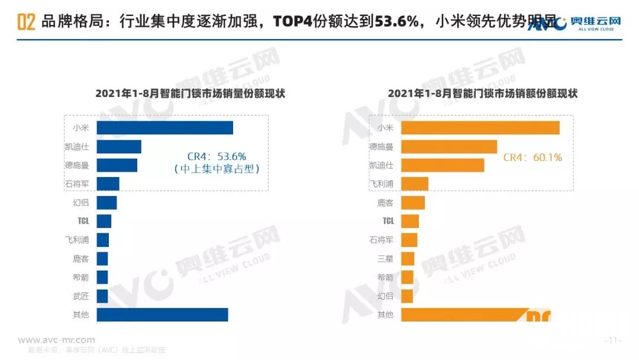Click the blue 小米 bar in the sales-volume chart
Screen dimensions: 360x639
coord(164,128)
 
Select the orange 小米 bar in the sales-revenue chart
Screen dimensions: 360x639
coord(480,128)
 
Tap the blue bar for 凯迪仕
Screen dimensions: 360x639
coord(118,147)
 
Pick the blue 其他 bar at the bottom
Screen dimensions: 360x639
coord(162,314)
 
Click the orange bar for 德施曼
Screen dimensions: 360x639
coord(449,146)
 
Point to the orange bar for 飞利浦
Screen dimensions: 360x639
coord(414,184)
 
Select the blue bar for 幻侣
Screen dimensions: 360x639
coord(106,202)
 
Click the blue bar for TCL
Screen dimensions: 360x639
coord(104,221)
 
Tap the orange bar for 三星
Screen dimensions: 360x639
coord(408,259)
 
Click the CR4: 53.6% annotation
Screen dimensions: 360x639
coord(217,156)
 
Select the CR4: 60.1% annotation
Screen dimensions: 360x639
coord(532,157)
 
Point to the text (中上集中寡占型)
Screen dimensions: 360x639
coord(217,169)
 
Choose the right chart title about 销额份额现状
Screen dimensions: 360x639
coord(482,94)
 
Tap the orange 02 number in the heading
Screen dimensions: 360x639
coord(26,22)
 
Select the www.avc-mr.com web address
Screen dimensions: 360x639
coord(56,340)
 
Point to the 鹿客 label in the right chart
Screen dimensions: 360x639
coord(385,202)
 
